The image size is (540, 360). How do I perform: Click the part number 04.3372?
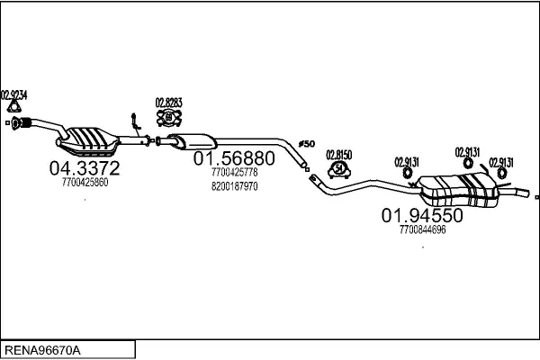coord(84,167)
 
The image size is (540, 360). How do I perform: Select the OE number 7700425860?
coord(85,182)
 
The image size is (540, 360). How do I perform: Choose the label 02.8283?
coord(168,102)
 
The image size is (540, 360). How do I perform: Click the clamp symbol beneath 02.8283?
coord(168,117)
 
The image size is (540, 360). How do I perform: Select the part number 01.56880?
coord(234,157)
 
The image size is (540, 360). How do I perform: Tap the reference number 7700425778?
coord(234,172)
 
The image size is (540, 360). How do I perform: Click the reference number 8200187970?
coord(234,186)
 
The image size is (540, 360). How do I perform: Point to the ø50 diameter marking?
coord(306,144)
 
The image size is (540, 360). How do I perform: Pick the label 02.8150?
coord(338,154)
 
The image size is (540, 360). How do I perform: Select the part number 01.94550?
coord(422,216)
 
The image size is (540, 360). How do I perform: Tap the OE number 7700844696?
coord(422,229)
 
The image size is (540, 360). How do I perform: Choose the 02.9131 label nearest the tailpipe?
coord(500,162)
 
